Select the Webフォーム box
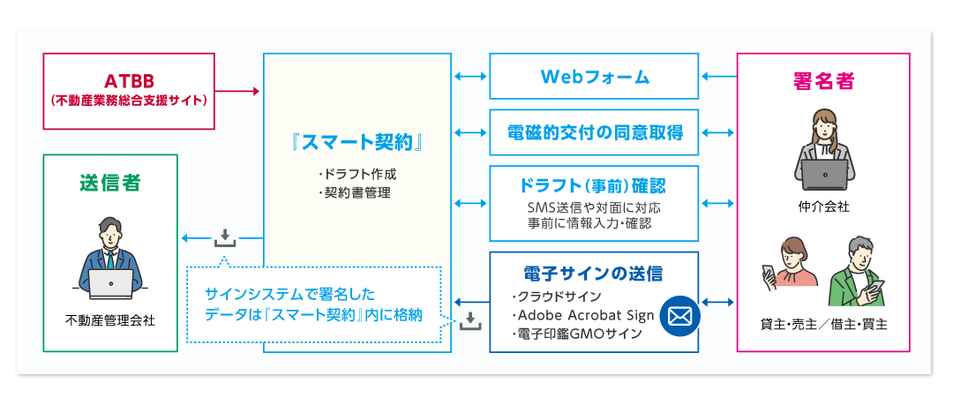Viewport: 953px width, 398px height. (594, 77)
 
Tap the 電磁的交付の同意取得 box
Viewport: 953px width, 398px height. (594, 132)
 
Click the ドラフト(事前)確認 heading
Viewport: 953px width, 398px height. (594, 186)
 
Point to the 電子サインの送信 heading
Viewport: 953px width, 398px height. (593, 273)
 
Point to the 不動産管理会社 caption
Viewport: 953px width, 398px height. (110, 319)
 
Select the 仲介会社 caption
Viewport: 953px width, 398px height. (822, 207)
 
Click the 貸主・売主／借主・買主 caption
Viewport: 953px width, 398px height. (822, 324)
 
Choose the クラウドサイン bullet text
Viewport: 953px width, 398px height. (559, 297)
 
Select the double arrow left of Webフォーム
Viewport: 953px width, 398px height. (470, 77)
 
